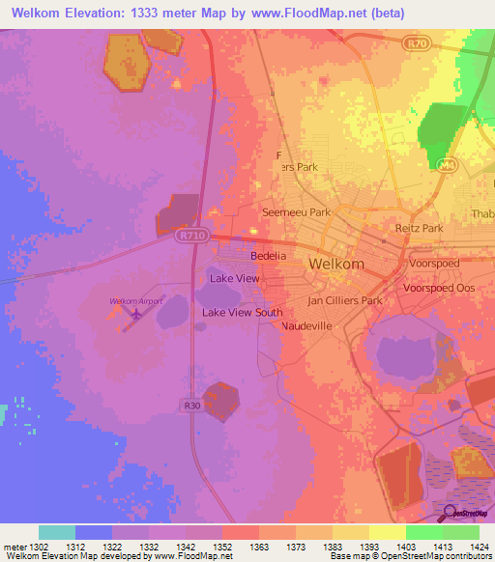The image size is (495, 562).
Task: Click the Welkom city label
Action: (x=335, y=264)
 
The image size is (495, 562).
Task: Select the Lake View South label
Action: (x=242, y=313)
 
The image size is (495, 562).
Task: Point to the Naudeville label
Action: (x=306, y=327)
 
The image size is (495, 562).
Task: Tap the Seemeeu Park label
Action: (x=296, y=211)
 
